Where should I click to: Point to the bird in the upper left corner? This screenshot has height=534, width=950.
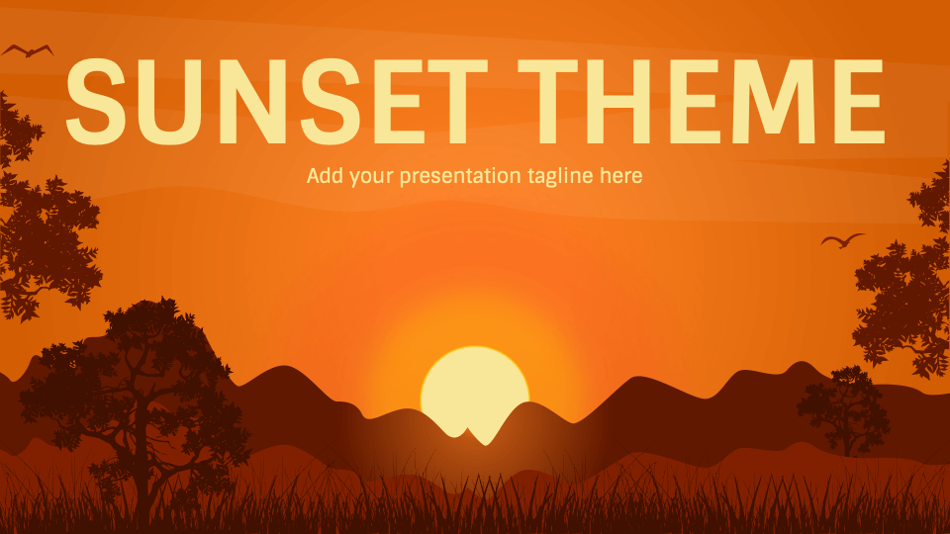click(x=27, y=49)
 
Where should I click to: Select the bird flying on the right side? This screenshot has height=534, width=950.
click(x=842, y=240)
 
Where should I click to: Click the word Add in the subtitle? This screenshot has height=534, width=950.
click(x=323, y=177)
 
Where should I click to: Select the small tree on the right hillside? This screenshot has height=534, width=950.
click(x=841, y=405)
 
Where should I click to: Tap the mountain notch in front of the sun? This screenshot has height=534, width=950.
click(x=475, y=433)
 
